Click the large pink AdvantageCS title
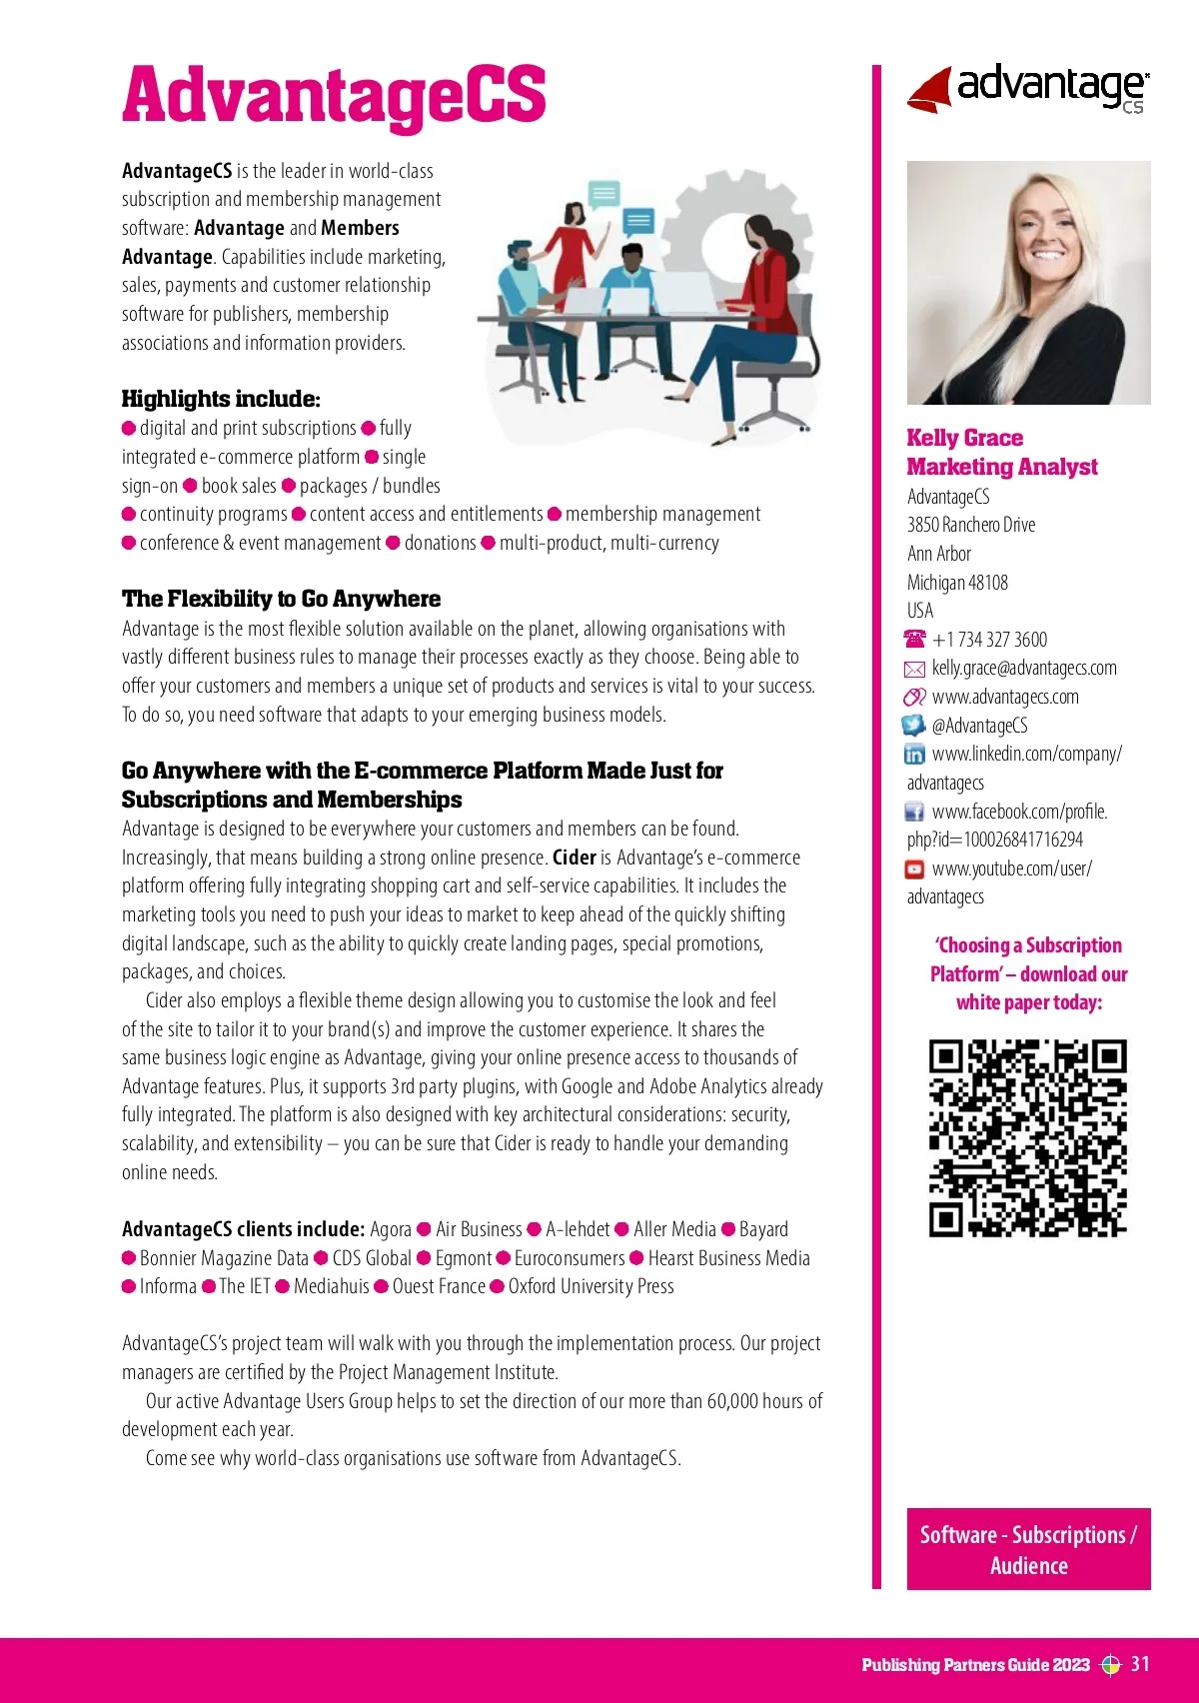coord(334,96)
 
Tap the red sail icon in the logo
coord(930,90)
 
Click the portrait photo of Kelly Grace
coord(1028,283)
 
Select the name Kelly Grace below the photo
coord(964,438)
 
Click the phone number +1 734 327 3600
coord(989,640)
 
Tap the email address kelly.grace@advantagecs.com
coord(1024,668)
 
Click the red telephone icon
coord(914,639)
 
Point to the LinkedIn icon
coord(914,755)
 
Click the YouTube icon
coord(914,869)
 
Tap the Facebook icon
coord(914,812)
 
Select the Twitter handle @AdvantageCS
coord(979,726)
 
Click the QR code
coord(1028,1137)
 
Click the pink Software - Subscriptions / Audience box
coord(1028,1549)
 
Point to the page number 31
coord(1140,1664)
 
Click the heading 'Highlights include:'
coord(221,399)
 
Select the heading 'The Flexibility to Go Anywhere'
coord(281,599)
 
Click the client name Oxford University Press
coord(591,1286)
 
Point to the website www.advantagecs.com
coord(1004,697)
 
